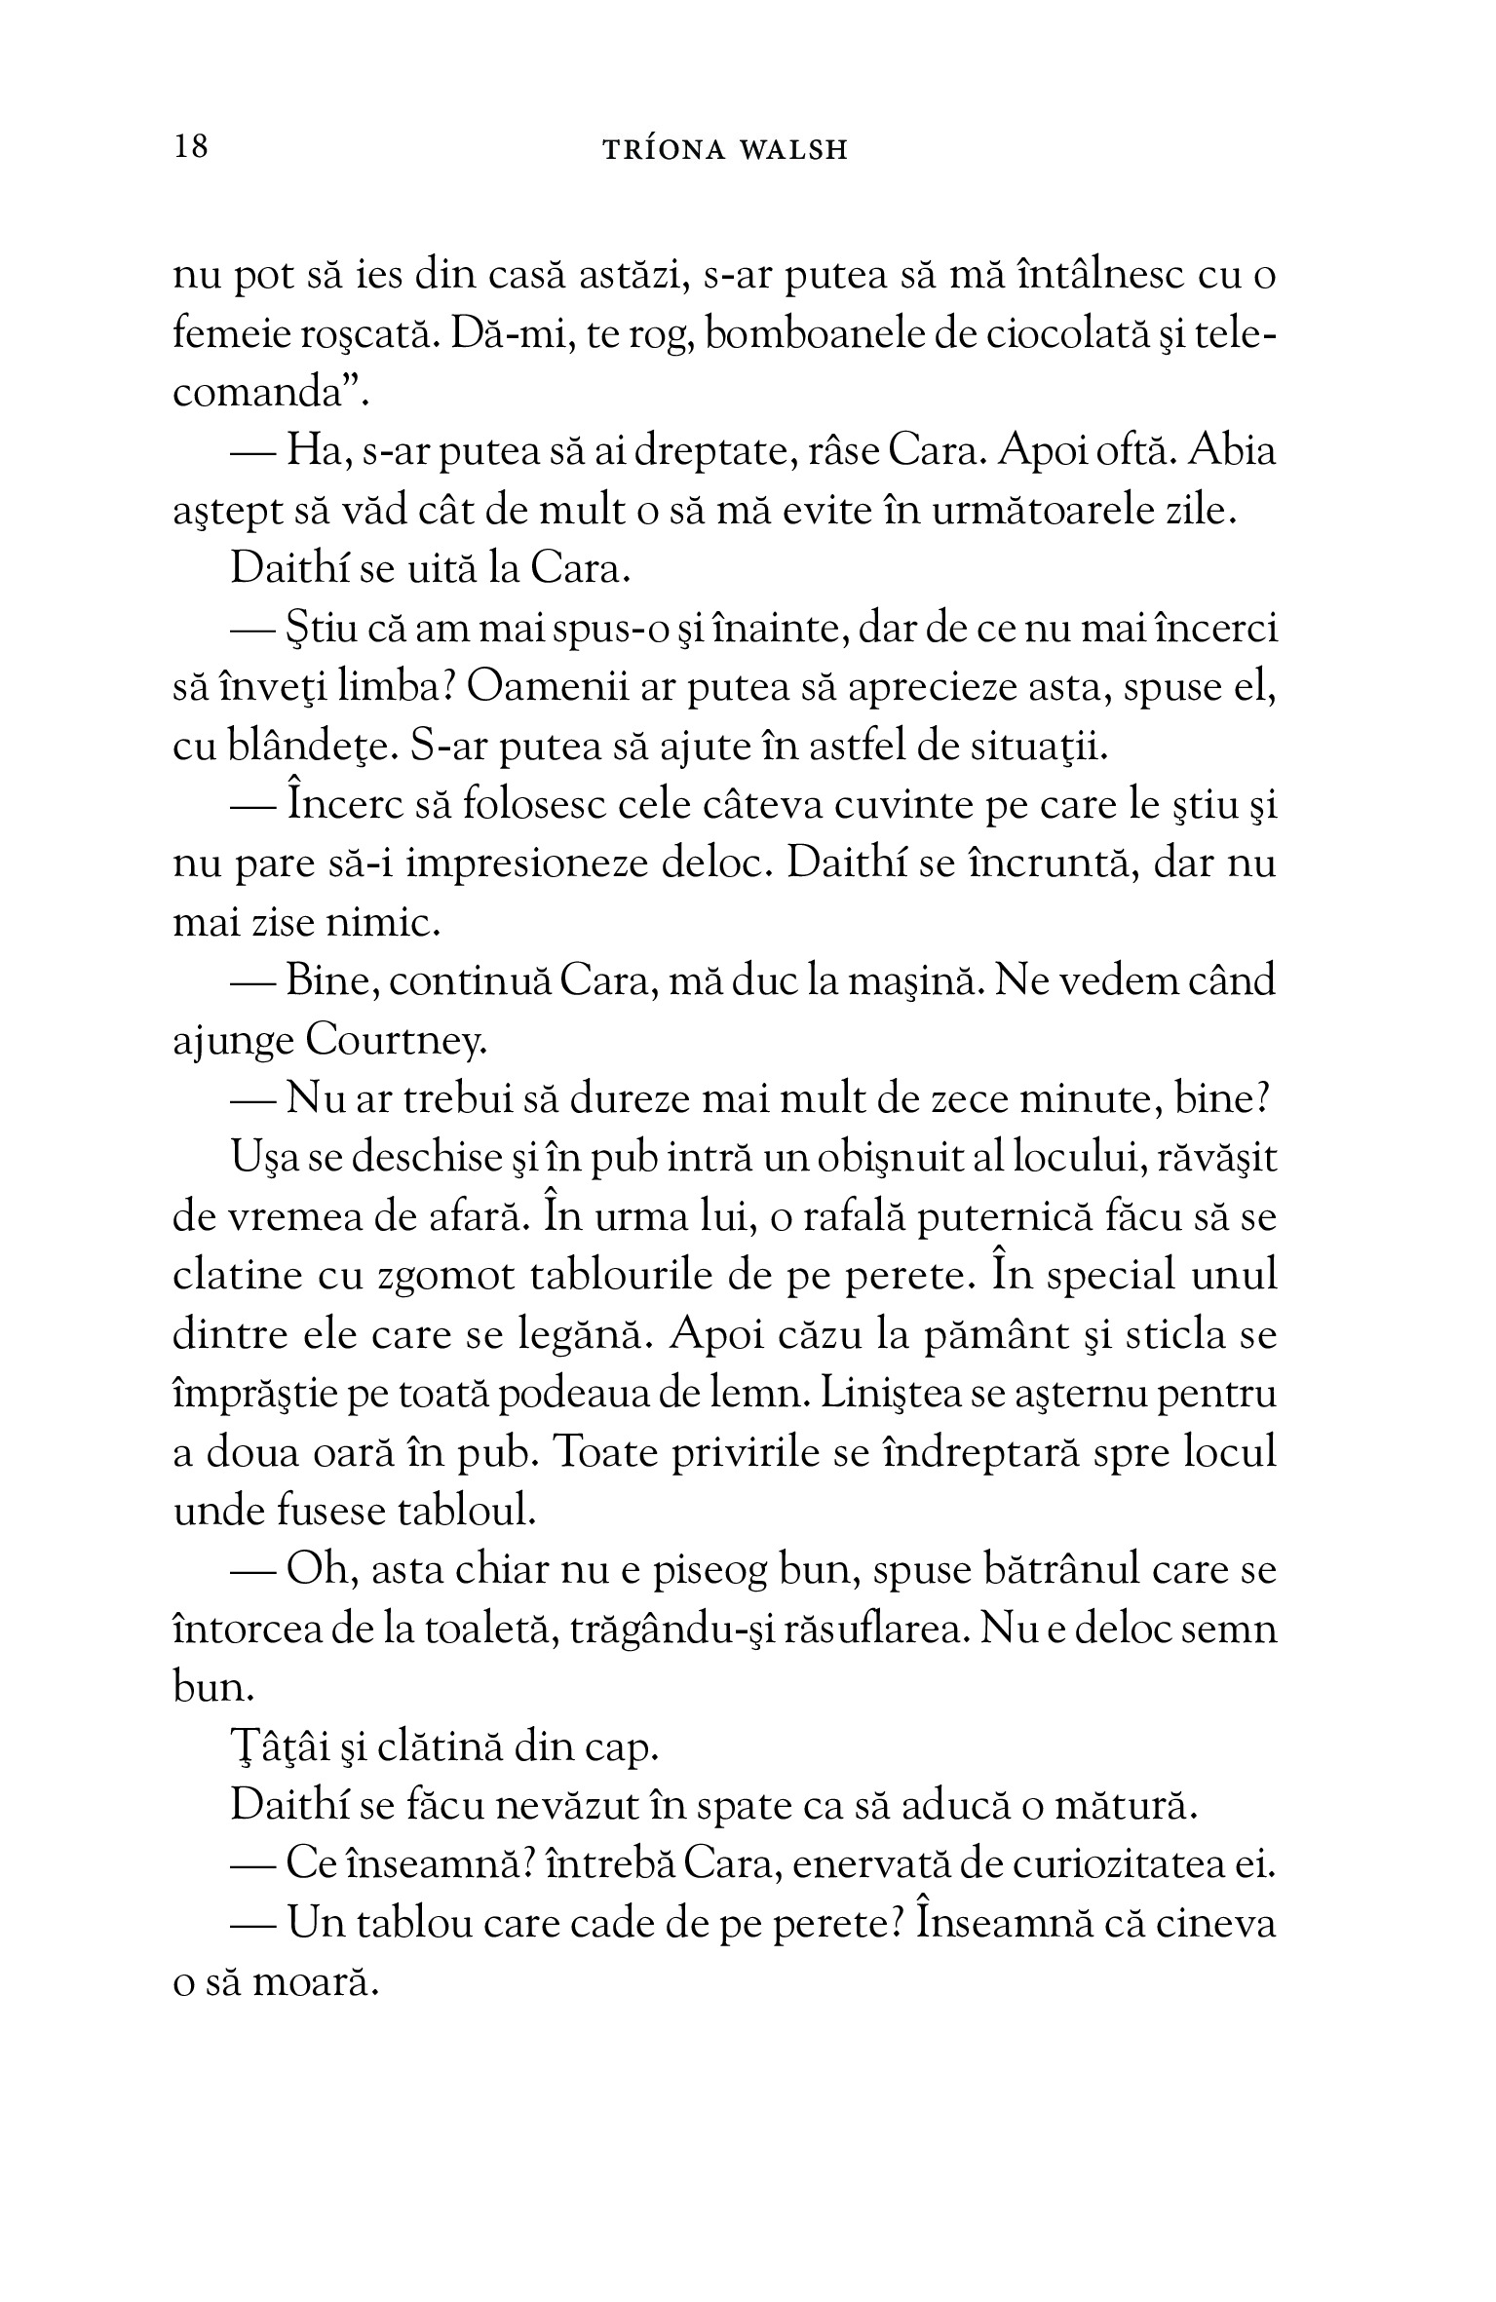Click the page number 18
point(190,147)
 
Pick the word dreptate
point(705,453)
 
